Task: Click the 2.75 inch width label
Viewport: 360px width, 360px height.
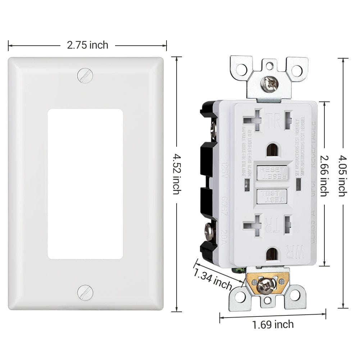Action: click(x=87, y=45)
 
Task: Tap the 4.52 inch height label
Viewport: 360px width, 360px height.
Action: click(x=176, y=174)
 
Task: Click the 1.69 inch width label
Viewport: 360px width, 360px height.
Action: click(x=273, y=324)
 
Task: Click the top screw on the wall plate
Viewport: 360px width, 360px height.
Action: click(x=85, y=76)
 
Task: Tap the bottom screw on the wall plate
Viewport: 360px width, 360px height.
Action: click(x=85, y=292)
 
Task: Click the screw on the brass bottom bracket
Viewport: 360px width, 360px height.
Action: click(x=267, y=284)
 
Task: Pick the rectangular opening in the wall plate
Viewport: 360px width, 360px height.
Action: click(x=85, y=184)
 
